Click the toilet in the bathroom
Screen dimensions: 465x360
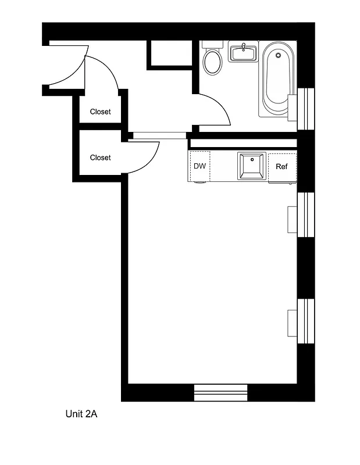(x=213, y=62)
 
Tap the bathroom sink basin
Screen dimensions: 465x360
(x=243, y=53)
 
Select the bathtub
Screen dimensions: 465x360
(x=277, y=81)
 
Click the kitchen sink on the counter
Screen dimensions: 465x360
(x=251, y=166)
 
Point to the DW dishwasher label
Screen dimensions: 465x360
(x=199, y=166)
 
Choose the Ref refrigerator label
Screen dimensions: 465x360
(x=281, y=167)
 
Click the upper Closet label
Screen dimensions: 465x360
(x=100, y=112)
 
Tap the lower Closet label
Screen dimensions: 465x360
(x=100, y=158)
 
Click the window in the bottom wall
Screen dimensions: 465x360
(x=220, y=393)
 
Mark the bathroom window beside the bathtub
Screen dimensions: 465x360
(x=305, y=109)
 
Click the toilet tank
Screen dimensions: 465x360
(x=213, y=44)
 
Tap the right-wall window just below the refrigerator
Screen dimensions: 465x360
(x=305, y=215)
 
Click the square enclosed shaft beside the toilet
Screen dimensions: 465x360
(x=170, y=53)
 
